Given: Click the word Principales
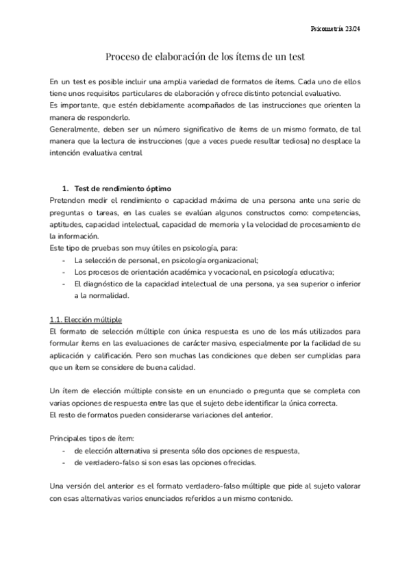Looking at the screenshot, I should pyautogui.click(x=71, y=438).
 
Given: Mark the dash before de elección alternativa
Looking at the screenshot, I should pyautogui.click(x=64, y=451).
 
